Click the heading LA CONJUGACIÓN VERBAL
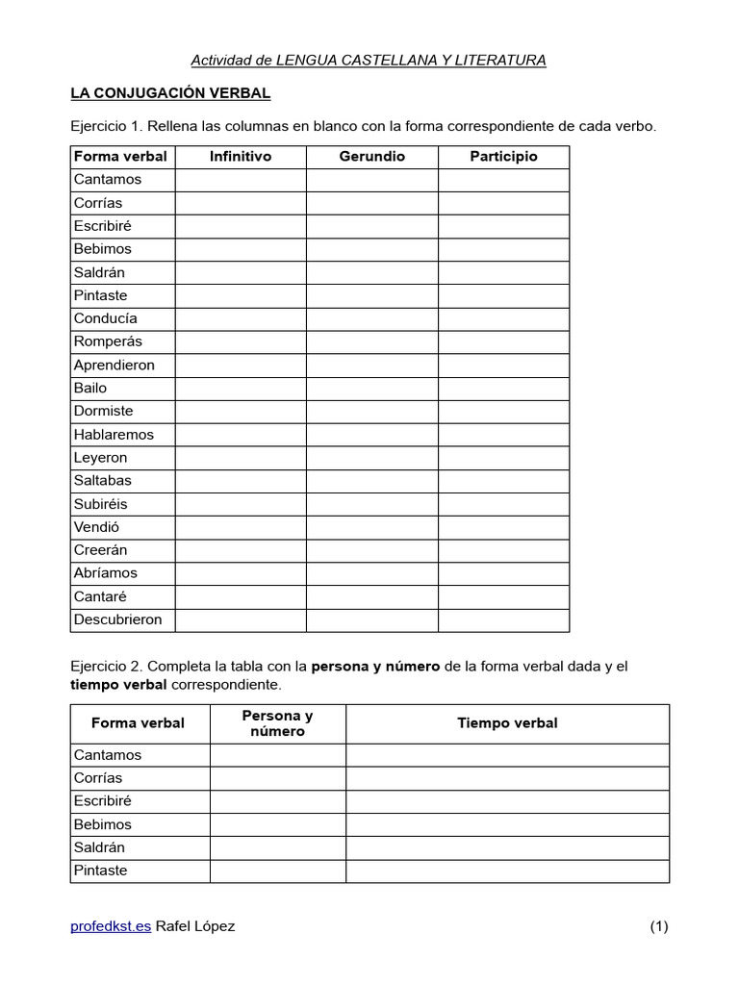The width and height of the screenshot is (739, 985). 170,93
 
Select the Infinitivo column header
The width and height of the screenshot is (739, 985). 241,156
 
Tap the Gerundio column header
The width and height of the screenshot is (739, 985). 372,156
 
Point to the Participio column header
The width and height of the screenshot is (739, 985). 503,156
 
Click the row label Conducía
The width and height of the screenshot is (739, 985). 106,318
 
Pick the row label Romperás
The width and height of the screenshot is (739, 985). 108,341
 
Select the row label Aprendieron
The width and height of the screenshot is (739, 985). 114,365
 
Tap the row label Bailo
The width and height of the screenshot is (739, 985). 90,388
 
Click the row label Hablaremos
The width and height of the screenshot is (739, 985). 114,434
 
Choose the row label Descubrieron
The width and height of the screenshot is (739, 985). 118,619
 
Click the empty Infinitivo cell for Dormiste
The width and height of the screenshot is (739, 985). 241,411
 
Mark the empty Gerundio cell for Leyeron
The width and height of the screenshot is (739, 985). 372,458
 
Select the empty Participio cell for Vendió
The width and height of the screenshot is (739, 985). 503,527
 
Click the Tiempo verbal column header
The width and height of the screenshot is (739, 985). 507,723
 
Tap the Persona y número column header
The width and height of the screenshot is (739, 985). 277,723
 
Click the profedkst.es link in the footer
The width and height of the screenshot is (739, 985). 111,926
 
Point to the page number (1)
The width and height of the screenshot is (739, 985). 658,926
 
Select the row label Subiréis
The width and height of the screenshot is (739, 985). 100,504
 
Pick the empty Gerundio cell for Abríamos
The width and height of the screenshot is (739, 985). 372,573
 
